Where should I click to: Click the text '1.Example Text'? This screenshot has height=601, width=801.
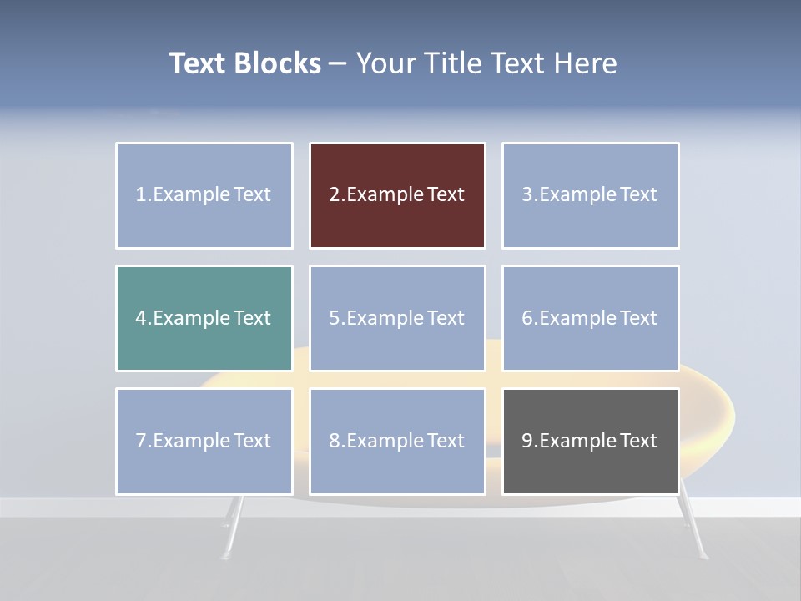(x=204, y=194)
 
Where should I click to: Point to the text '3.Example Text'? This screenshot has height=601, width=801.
(x=590, y=194)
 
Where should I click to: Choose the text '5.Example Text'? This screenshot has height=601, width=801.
(x=396, y=318)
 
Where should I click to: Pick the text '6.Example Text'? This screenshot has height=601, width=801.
(x=590, y=318)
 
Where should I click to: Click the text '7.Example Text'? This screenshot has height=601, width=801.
(x=204, y=441)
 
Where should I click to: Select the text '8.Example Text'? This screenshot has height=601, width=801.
(x=396, y=441)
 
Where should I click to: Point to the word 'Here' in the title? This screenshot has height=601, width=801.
(x=586, y=63)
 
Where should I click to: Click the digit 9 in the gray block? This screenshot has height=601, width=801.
(x=527, y=441)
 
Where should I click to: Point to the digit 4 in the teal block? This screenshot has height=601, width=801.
(x=141, y=318)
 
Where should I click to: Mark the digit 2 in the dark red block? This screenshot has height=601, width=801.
(x=335, y=194)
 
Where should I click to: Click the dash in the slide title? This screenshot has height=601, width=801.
(x=339, y=63)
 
